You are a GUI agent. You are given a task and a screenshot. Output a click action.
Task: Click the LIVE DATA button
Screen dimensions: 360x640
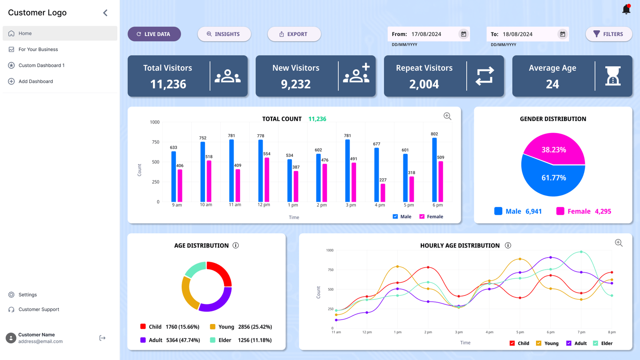[154, 34]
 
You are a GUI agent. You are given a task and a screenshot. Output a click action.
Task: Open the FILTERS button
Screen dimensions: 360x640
[608, 34]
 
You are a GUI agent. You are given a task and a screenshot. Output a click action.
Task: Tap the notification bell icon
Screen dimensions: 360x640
[626, 9]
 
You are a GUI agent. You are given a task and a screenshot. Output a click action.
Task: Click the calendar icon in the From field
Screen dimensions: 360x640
[464, 34]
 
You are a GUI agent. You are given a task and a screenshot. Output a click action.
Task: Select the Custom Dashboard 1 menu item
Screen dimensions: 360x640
[41, 65]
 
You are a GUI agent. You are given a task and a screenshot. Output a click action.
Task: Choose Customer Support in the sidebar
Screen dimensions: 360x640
[39, 309]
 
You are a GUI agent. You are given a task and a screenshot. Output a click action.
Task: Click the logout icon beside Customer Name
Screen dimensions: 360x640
[102, 338]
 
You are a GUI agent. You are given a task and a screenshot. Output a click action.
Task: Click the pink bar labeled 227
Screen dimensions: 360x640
[383, 193]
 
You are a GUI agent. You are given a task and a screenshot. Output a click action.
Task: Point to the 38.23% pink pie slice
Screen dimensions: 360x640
[554, 149]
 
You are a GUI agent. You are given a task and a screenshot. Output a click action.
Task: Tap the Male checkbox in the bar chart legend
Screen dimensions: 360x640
[395, 216]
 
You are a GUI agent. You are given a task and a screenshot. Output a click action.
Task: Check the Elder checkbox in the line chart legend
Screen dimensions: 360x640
[596, 343]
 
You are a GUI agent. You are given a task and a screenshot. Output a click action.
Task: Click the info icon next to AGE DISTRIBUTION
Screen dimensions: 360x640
[236, 245]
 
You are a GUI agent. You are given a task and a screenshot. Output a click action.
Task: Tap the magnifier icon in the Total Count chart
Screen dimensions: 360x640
[447, 116]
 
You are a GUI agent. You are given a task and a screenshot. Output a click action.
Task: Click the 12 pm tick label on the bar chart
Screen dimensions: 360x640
[264, 205]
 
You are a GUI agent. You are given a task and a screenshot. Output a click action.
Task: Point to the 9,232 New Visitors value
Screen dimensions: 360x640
[296, 84]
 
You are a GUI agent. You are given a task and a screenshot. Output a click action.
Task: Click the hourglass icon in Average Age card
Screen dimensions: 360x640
[613, 76]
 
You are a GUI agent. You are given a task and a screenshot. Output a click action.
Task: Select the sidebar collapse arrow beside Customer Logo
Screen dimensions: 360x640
[105, 13]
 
